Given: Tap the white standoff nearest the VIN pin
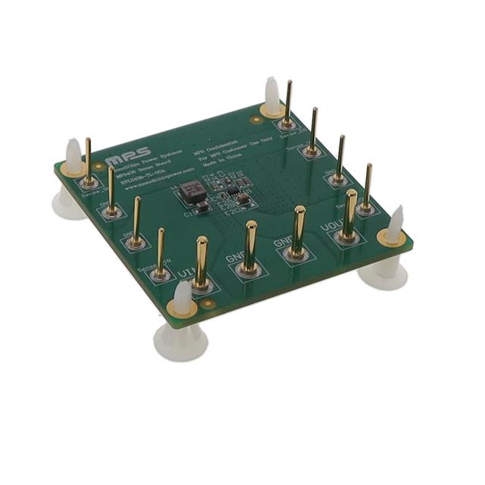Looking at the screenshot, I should click(183, 326).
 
